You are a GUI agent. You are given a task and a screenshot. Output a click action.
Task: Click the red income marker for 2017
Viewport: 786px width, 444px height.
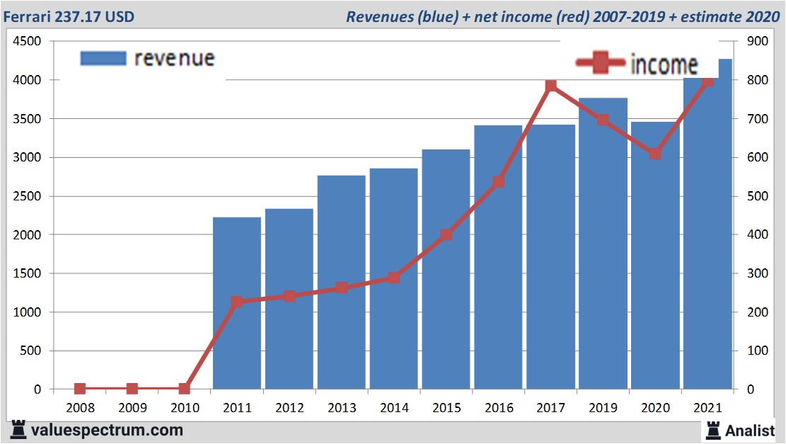[551, 86]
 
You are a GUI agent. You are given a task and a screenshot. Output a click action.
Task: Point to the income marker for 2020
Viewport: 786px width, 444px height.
[655, 153]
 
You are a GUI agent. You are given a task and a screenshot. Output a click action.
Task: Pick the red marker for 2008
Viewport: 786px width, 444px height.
[80, 389]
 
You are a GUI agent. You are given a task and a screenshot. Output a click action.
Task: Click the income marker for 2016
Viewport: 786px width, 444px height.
[498, 182]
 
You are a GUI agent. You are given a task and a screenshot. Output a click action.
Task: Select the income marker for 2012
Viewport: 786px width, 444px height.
[289, 296]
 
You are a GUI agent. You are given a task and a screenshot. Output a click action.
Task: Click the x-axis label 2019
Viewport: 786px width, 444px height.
[603, 409]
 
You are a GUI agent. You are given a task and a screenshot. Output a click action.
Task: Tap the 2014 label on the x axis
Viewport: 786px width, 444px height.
[393, 409]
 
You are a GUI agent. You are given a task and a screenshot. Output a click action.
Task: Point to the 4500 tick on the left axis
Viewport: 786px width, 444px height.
[26, 42]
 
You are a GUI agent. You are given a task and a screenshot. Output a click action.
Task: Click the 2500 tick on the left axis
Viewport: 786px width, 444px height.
[26, 196]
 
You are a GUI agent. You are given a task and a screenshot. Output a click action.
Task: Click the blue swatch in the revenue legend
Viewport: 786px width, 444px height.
[103, 58]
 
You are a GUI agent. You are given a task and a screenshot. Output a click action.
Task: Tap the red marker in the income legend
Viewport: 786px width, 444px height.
[601, 63]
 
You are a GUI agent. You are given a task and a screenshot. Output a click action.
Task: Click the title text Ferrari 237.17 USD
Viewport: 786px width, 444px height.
[69, 16]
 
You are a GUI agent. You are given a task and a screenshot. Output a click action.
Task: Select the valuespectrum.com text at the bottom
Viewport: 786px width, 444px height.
[106, 430]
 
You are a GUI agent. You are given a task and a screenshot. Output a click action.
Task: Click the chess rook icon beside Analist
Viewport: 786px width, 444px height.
[712, 429]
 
